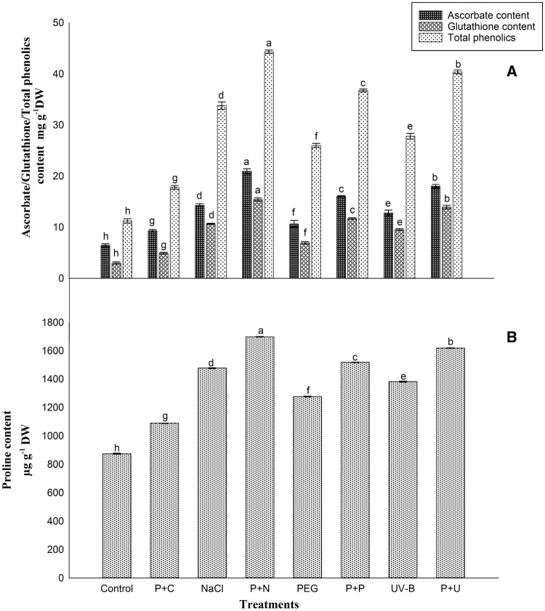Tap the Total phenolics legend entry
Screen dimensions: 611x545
tap(466, 39)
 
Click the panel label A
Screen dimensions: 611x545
tap(512, 73)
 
